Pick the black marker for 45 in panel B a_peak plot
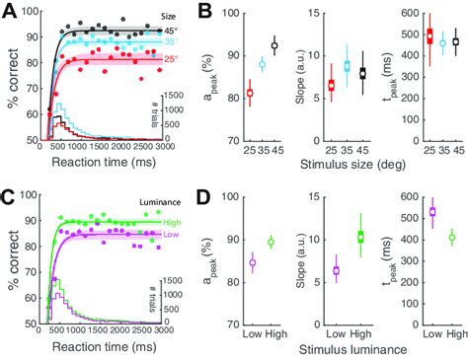point(274,45)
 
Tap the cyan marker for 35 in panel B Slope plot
point(347,65)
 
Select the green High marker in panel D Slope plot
point(360,236)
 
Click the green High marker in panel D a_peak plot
point(272,242)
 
